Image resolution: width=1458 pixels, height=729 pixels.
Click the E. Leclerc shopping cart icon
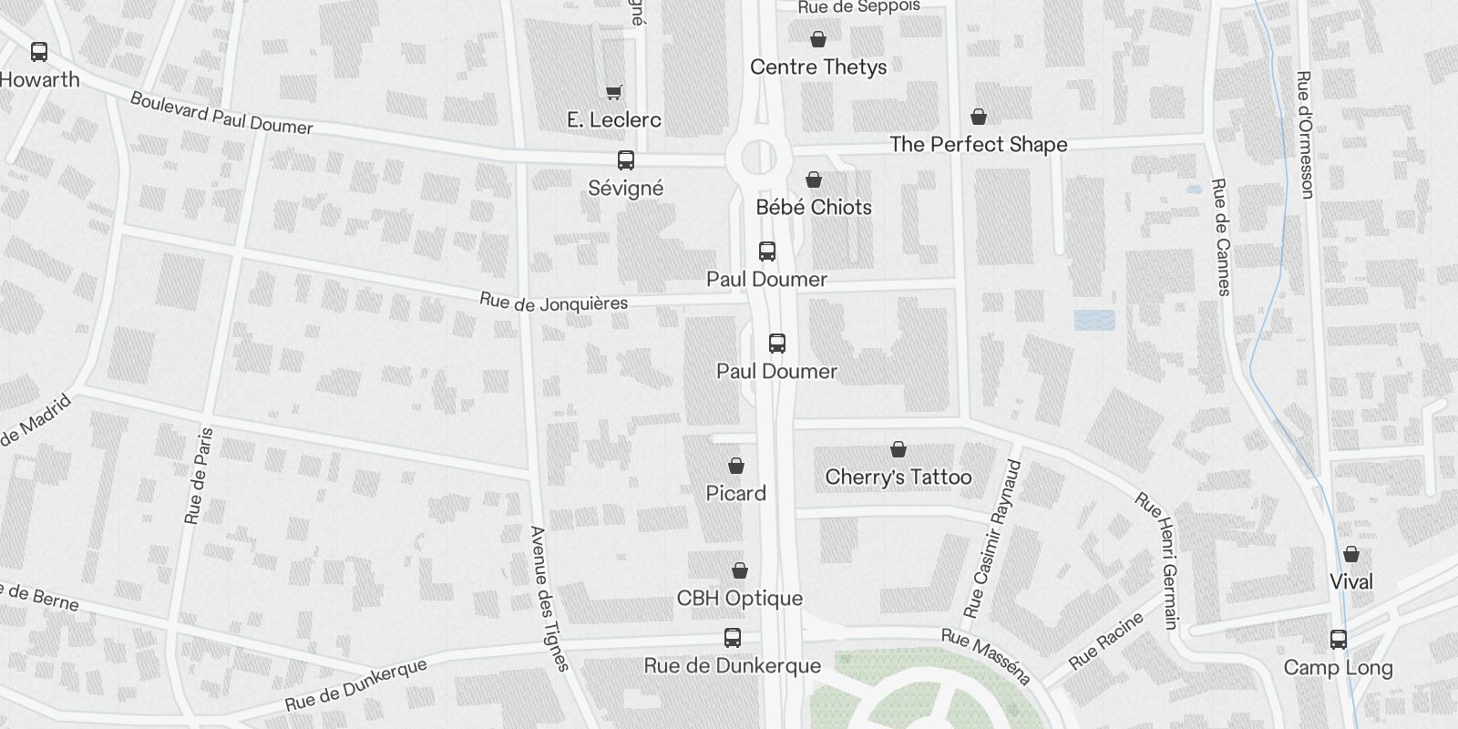614,91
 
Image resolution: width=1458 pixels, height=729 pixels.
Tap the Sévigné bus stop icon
626,160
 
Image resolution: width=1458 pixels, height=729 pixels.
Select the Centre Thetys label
817,67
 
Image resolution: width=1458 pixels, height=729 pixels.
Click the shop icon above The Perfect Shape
978,117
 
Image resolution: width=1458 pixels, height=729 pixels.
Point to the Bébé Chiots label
814,207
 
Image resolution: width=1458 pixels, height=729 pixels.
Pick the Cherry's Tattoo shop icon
898,449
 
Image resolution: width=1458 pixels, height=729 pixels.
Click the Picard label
735,493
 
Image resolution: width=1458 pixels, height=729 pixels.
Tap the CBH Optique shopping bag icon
740,570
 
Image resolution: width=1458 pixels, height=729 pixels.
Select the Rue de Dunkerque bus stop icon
732,638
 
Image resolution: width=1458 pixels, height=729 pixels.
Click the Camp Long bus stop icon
1338,640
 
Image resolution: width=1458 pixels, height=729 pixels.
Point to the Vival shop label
1350,581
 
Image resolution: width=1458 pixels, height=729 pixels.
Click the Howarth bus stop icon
39,52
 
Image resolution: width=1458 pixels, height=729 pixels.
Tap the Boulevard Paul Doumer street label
221,114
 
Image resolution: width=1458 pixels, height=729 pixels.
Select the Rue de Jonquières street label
553,303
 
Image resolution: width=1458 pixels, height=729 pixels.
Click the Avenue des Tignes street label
549,598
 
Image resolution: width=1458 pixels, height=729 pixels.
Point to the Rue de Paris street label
199,476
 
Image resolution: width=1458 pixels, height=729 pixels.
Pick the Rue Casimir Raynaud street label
993,538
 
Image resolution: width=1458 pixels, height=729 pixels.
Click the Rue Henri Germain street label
1157,560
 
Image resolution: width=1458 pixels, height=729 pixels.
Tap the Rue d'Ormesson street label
1305,135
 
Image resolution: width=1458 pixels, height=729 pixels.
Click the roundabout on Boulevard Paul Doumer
758,158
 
